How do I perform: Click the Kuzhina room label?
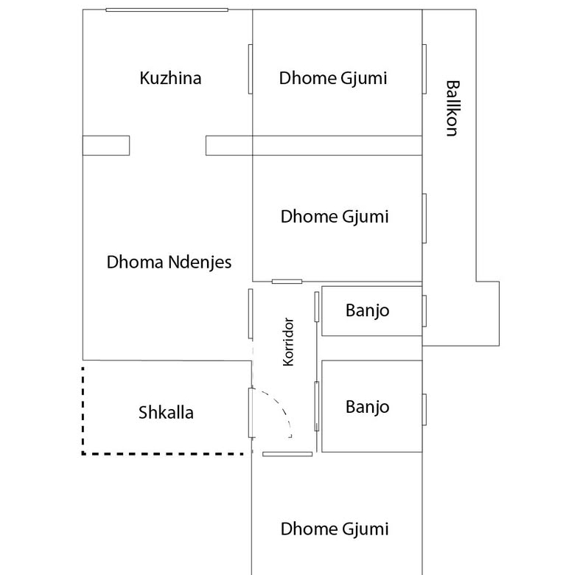170,78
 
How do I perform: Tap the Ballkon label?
453,108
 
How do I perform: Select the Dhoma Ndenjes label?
169,262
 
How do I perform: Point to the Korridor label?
288,342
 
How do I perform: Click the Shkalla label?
166,412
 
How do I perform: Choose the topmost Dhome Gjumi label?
333,78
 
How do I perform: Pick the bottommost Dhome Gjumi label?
335,529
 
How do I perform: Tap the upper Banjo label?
367,311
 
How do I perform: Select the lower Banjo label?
367,408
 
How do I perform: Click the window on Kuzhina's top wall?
167,10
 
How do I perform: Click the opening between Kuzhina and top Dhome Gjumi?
251,69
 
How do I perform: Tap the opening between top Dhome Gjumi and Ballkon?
424,69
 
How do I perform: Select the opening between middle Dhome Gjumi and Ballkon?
424,218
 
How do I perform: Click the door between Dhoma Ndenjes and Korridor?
251,313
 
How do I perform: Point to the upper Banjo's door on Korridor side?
317,307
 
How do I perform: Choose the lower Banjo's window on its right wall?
424,410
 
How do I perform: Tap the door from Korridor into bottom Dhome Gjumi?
287,454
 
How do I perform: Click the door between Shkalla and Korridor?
251,413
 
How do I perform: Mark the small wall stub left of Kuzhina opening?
106,145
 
